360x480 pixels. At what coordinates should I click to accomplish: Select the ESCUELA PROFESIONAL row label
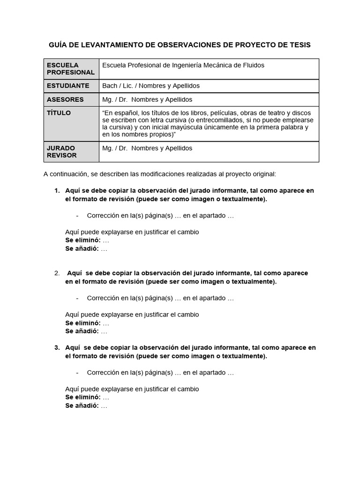point(70,68)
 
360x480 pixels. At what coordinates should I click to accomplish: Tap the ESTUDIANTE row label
point(68,86)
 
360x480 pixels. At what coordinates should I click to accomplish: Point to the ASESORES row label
point(65,99)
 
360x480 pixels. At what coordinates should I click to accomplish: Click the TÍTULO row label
point(59,113)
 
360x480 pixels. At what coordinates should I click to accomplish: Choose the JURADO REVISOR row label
point(61,151)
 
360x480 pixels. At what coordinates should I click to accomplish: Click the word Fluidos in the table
point(253,65)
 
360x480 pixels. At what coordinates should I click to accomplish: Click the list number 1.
point(57,191)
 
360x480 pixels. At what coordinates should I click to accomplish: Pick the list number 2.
point(57,273)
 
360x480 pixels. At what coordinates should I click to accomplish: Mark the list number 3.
point(57,347)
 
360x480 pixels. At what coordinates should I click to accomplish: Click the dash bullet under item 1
point(77,216)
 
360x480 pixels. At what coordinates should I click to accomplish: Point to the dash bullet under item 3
point(77,373)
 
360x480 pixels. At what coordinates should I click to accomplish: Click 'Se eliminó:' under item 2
point(82,323)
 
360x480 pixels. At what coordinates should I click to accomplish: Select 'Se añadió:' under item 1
point(82,249)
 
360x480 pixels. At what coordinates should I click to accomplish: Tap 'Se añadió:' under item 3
point(82,406)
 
